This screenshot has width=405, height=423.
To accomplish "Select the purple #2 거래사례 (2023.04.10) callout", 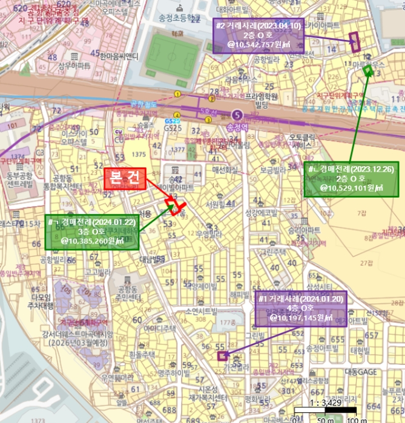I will coord(256,35).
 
